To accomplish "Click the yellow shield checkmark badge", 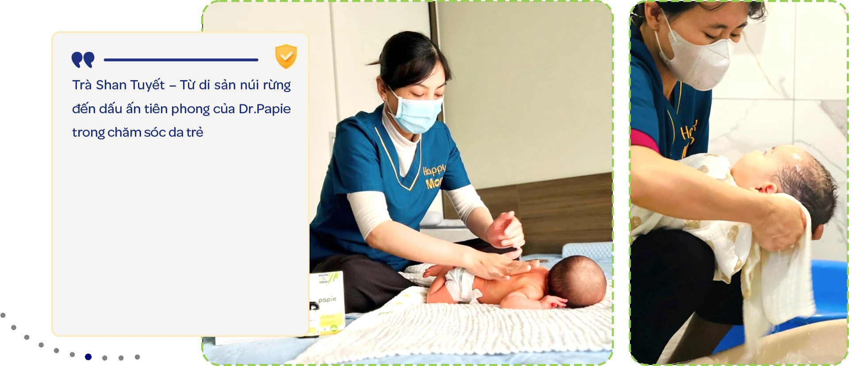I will (x=286, y=56).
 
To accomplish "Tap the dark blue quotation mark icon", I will (x=83, y=60).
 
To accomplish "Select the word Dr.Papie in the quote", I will (x=264, y=109).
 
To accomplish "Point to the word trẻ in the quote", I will (x=195, y=132).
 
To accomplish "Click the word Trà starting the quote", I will (x=82, y=85).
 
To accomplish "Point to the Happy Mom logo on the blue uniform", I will (x=434, y=176).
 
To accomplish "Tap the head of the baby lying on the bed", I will (x=577, y=281).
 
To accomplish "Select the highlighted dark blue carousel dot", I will (x=88, y=357).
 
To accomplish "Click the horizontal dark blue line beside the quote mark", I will (x=181, y=60).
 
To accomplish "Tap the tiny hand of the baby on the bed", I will (x=555, y=303).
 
